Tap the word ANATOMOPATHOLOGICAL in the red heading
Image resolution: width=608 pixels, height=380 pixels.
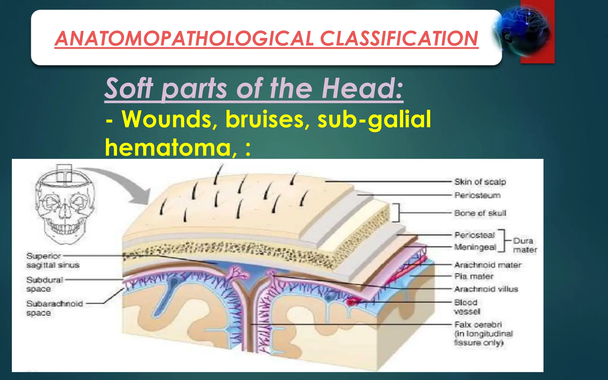pos(184,39)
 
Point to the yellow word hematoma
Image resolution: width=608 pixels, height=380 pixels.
pos(168,148)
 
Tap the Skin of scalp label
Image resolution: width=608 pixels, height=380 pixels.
pos(480,182)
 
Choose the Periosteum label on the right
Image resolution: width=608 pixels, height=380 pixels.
pos(477,195)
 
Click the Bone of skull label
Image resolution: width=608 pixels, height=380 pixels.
pos(480,213)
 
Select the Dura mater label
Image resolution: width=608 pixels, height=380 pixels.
pos(524,245)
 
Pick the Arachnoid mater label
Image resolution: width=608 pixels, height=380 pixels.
pos(488,265)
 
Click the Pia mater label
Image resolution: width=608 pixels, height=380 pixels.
pos(474,276)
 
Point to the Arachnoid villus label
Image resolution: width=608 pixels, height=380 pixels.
pos(486,289)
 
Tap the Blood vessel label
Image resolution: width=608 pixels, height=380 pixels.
pos(467,307)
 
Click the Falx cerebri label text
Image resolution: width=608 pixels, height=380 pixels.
pos(478,324)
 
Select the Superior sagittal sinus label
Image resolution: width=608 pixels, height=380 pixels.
pos(53,260)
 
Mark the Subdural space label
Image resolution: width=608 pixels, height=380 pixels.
pos(44,284)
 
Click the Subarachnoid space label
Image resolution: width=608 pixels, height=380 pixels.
pos(54,308)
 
